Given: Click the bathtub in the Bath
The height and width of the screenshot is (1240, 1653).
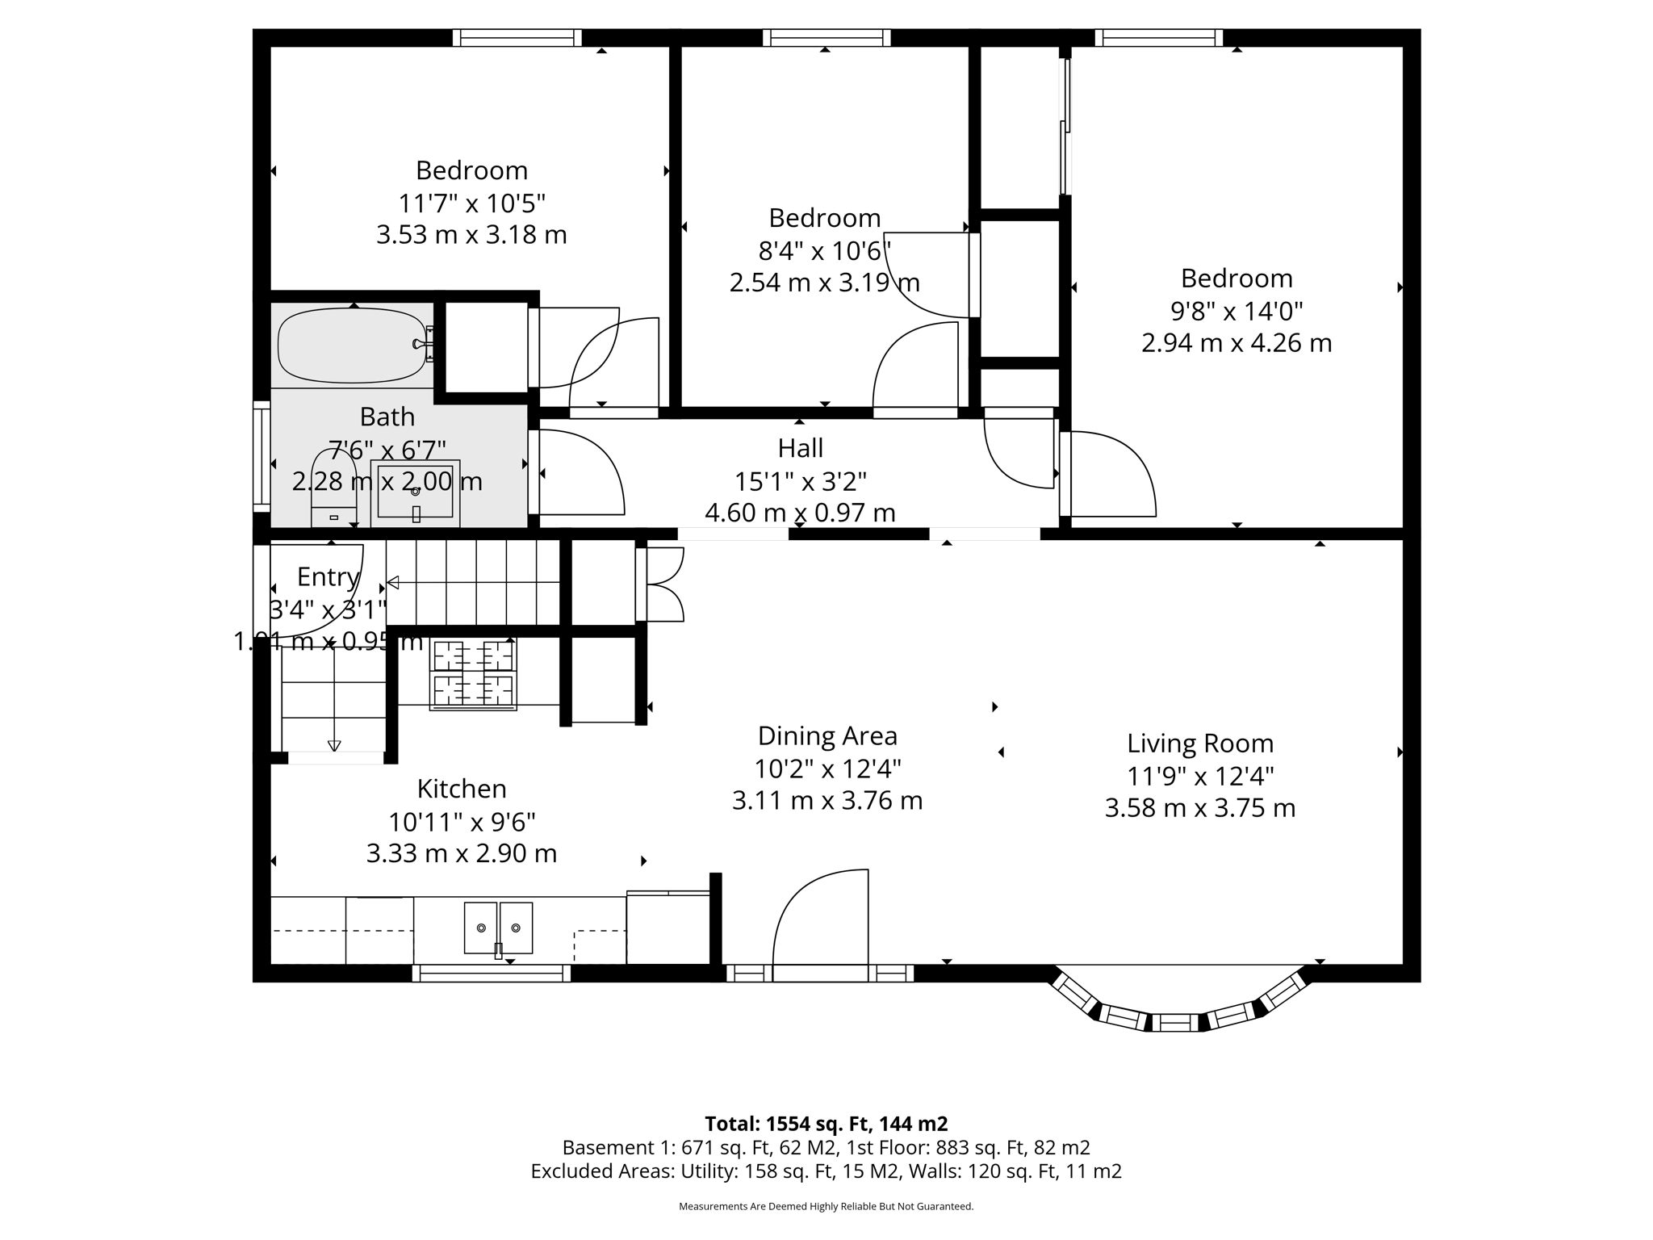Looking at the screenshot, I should point(352,346).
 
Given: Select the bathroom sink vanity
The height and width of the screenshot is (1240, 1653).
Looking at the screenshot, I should point(415,492).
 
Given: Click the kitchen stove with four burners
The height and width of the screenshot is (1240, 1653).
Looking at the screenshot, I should point(473,674).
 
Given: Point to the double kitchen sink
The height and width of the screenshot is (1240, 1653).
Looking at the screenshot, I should point(498,928).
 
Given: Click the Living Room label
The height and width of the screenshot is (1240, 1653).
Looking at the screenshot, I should point(1199,744).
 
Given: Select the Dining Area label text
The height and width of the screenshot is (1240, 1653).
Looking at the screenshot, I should point(826,736).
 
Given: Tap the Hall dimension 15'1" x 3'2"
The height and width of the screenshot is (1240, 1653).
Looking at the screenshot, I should point(800,481).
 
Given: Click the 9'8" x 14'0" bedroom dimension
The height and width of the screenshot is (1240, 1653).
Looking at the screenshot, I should point(1236,311).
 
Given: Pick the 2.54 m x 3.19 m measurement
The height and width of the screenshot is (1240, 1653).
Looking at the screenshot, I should point(824,283).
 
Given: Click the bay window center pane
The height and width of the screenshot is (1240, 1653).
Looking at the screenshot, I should point(1175,1023).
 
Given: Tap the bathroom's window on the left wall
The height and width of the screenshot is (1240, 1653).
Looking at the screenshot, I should point(262,456).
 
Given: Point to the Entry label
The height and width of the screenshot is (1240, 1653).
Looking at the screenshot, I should point(327,576).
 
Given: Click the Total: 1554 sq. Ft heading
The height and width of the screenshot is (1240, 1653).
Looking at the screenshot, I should point(826,1124).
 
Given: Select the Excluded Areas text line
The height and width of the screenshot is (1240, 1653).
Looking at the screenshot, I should point(826,1171).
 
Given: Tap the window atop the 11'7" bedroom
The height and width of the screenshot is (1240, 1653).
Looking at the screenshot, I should point(517,38).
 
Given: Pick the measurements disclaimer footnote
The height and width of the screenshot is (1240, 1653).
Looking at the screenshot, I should point(826,1207).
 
